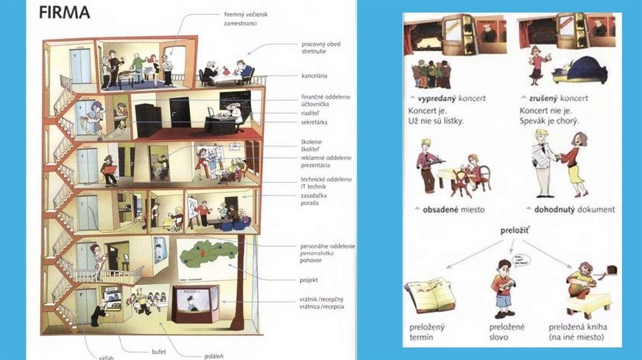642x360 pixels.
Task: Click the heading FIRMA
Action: click(65, 12)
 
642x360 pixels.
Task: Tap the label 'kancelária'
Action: click(314, 76)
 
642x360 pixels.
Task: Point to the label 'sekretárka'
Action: click(314, 122)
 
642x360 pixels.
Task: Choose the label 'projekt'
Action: click(310, 280)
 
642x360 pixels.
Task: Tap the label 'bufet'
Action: click(158, 352)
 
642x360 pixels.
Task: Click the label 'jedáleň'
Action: click(214, 356)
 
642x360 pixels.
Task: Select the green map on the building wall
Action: click(207, 253)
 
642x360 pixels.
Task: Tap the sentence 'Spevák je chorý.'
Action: click(549, 120)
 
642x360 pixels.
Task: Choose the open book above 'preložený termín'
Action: click(430, 295)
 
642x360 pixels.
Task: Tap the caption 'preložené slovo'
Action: click(507, 332)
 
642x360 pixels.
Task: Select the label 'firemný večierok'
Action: click(250, 14)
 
